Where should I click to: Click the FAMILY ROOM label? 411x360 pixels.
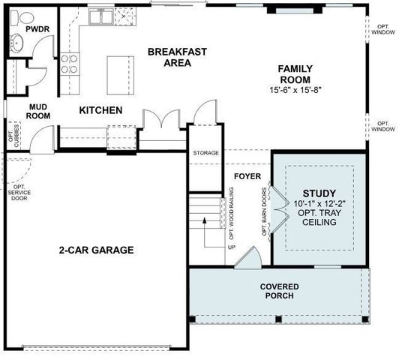[x=295, y=74]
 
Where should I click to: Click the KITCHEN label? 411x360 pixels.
[x=100, y=111]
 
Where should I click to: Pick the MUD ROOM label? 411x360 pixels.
[x=38, y=111]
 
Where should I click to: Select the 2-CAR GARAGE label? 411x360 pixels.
[x=97, y=250]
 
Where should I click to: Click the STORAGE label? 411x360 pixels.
[x=205, y=153]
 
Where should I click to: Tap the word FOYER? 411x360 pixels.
[x=247, y=177]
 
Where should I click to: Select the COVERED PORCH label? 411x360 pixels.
[x=279, y=291]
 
